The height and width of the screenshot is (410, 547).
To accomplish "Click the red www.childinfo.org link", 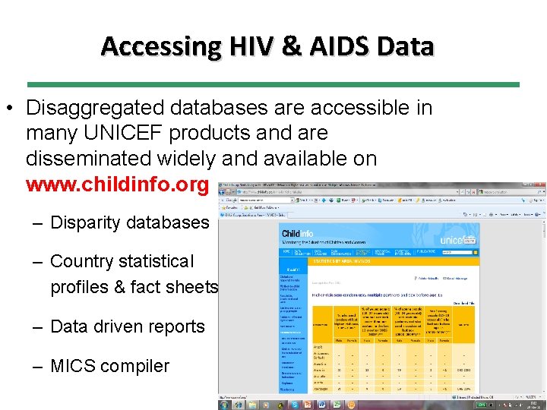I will point(116,184).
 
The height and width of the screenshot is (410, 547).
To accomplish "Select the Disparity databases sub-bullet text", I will point(129,222).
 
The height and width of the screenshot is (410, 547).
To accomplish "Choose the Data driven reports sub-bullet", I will point(127,327).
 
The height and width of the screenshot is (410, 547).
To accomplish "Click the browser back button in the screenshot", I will point(225,193).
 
